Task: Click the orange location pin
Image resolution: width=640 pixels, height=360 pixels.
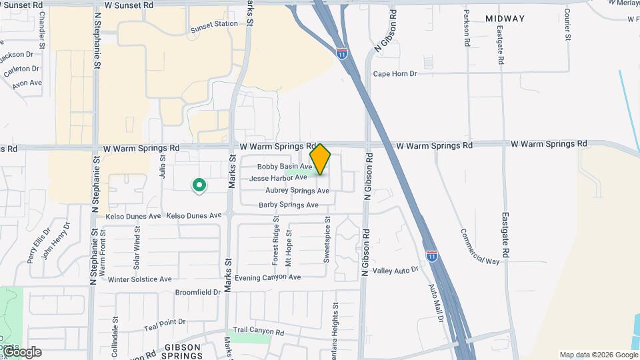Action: [x=320, y=159]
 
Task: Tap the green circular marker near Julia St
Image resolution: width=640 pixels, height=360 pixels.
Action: [x=198, y=185]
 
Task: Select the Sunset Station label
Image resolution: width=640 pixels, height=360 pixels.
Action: [x=214, y=24]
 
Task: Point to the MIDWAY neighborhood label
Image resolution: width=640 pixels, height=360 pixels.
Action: [x=505, y=19]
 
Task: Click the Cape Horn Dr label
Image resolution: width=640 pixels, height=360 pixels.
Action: [x=395, y=74]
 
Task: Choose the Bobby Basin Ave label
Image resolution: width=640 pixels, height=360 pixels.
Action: [x=285, y=166]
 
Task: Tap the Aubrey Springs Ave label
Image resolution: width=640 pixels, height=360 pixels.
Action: [x=297, y=191]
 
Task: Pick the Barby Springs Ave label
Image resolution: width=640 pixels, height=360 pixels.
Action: [x=289, y=205]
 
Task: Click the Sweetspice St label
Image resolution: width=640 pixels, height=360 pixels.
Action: [x=327, y=239]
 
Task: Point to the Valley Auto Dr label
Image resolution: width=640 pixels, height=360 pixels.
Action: [x=395, y=270]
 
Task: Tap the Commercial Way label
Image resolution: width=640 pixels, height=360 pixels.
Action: [x=479, y=247]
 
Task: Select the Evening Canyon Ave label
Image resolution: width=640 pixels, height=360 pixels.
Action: [x=267, y=277]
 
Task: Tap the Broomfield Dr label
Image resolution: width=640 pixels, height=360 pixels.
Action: [x=197, y=292]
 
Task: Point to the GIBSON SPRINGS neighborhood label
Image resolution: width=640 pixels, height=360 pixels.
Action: [x=183, y=351]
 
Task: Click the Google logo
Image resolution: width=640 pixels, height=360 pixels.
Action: [x=21, y=351]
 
